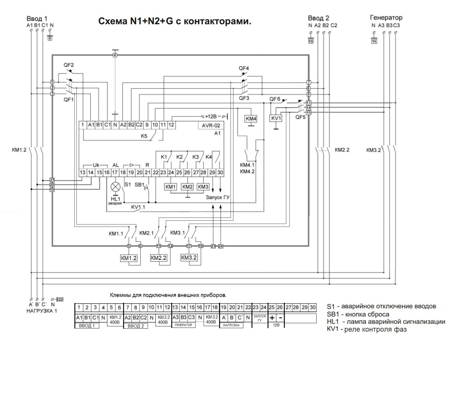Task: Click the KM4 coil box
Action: [251, 119]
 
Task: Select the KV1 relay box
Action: [276, 118]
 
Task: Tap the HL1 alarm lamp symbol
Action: [115, 187]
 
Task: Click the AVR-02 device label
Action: [211, 125]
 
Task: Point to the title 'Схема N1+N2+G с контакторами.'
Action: [175, 21]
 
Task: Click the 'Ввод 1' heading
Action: [37, 19]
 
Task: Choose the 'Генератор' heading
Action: [386, 18]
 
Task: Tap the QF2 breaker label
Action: [69, 65]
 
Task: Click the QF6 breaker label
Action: [275, 99]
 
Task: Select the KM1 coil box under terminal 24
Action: [171, 187]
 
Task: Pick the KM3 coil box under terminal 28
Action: [203, 187]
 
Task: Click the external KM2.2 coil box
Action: [159, 258]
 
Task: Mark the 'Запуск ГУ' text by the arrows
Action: [218, 197]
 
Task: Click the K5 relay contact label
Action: [144, 136]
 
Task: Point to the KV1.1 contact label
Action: [138, 207]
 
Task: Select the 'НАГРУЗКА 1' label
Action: [42, 311]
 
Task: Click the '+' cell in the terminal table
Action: [272, 318]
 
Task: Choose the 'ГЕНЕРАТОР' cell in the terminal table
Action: [183, 325]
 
